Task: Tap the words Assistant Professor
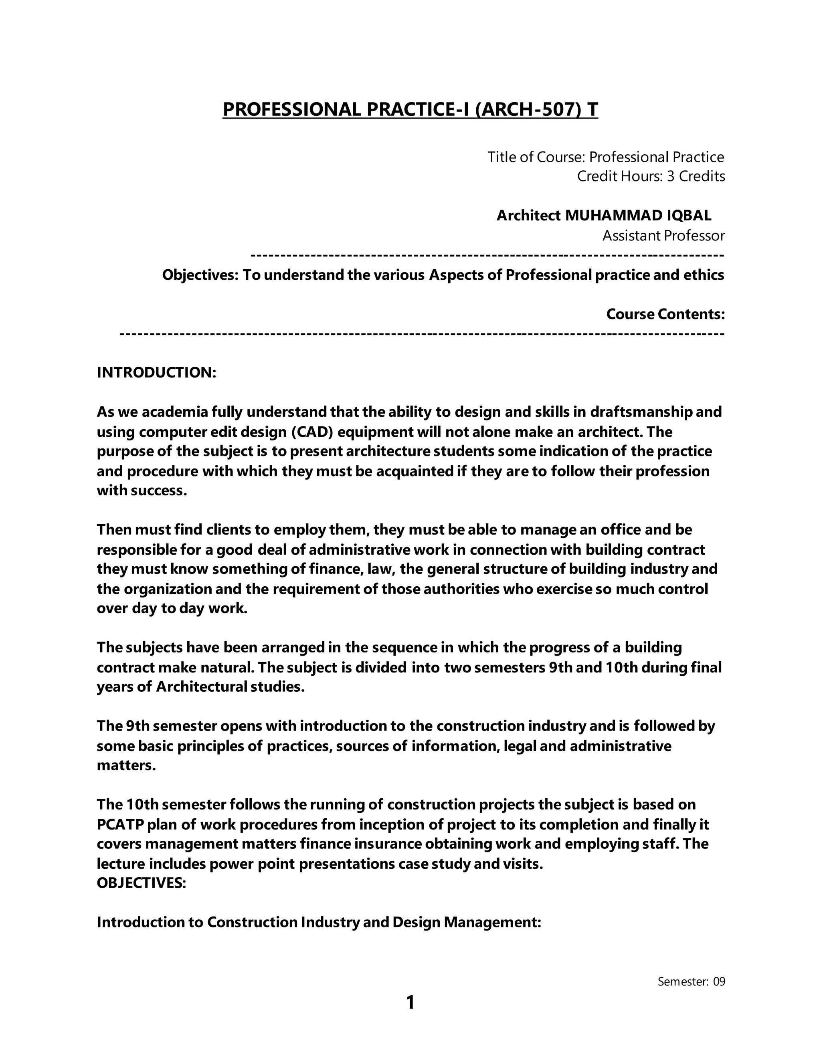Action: click(663, 236)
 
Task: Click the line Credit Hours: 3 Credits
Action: click(651, 176)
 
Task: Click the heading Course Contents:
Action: click(665, 314)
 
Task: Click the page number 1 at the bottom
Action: click(410, 1002)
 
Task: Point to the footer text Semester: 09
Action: click(691, 981)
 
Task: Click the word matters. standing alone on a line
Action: click(126, 765)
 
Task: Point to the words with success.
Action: click(142, 490)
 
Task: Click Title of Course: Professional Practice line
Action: click(606, 157)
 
